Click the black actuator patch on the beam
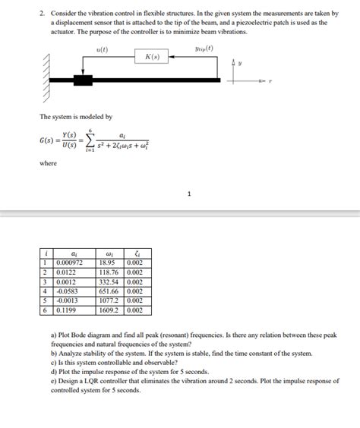pos(82,79)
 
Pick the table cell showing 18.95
pos(111,263)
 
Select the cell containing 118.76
pos(111,272)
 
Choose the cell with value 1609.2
pos(111,310)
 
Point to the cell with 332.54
pos(111,281)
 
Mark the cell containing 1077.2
pos(111,300)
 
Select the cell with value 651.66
pos(111,290)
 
